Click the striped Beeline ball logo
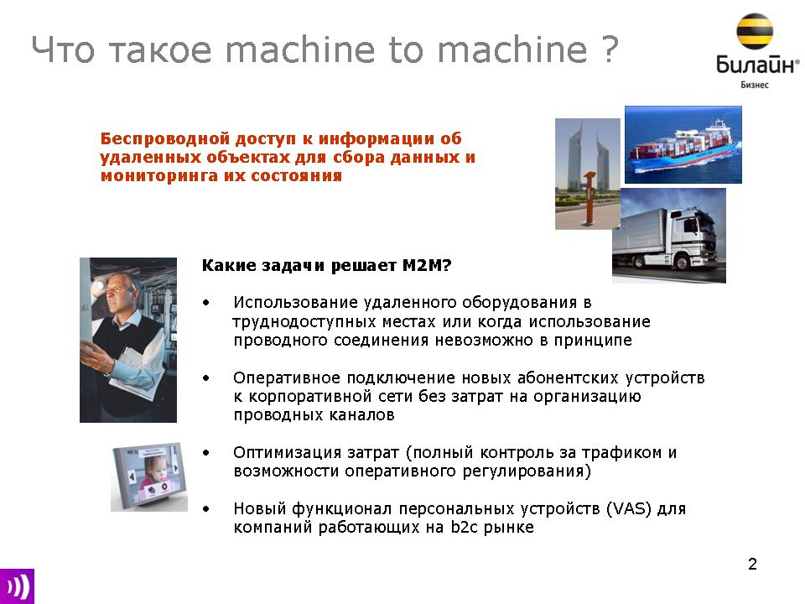(x=754, y=31)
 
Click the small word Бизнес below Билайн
(x=754, y=85)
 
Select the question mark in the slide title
(x=609, y=49)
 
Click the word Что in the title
(x=63, y=49)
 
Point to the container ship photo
(x=683, y=144)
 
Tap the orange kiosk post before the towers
(x=589, y=199)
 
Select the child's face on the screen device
(x=153, y=469)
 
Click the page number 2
(x=752, y=564)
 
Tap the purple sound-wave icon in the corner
(x=17, y=586)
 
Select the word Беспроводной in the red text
(x=165, y=138)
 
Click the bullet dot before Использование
(x=206, y=303)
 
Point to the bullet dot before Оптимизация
(x=206, y=453)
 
